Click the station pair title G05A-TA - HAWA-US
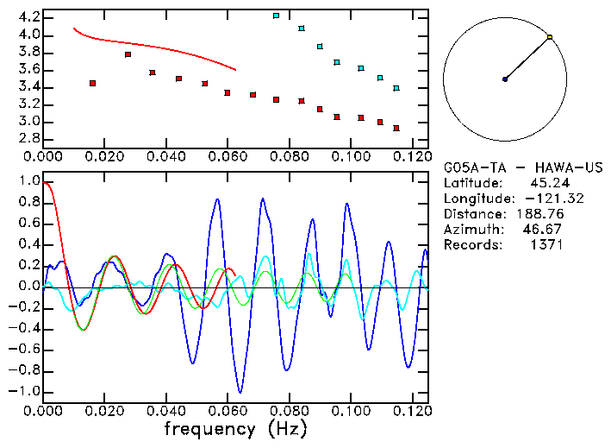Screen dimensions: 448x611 pyautogui.click(x=523, y=167)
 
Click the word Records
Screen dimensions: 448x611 pyautogui.click(x=470, y=244)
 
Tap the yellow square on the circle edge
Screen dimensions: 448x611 pyautogui.click(x=550, y=37)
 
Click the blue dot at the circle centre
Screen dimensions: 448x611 pyautogui.click(x=505, y=79)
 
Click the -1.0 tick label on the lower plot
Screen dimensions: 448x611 pyautogui.click(x=25, y=391)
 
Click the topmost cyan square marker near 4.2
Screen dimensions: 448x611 pyautogui.click(x=276, y=16)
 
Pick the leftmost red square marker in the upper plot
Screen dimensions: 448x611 pyautogui.click(x=92, y=83)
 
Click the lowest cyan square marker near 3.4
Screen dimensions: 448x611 pyautogui.click(x=396, y=88)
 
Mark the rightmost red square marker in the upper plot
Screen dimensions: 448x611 pyautogui.click(x=396, y=128)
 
